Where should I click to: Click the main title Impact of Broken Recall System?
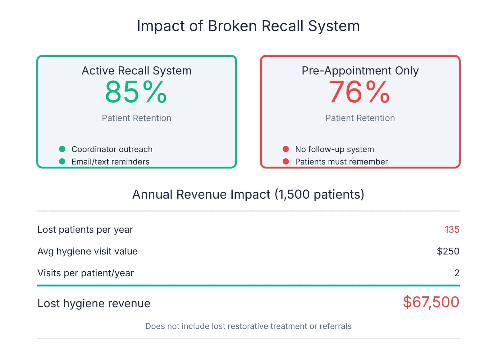click(x=248, y=26)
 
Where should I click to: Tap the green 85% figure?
click(x=136, y=92)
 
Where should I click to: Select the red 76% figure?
click(x=359, y=92)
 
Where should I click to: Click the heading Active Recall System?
click(x=136, y=71)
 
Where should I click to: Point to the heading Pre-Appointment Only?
click(x=360, y=71)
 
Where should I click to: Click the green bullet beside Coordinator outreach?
click(x=62, y=149)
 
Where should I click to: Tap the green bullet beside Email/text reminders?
click(x=62, y=161)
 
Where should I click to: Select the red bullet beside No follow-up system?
click(x=286, y=149)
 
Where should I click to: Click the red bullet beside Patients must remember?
click(x=286, y=161)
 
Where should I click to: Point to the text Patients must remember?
click(x=341, y=162)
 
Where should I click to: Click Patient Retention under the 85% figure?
click(x=136, y=118)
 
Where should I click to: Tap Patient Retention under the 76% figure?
click(x=360, y=118)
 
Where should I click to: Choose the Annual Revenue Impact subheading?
click(x=248, y=194)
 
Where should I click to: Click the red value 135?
click(x=452, y=229)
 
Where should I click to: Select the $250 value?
click(x=448, y=251)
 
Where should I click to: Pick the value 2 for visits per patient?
click(x=457, y=273)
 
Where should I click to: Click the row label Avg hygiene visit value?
click(x=87, y=251)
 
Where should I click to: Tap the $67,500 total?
click(x=431, y=302)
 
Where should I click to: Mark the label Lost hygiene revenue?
click(x=94, y=303)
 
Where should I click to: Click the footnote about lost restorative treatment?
click(x=248, y=326)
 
